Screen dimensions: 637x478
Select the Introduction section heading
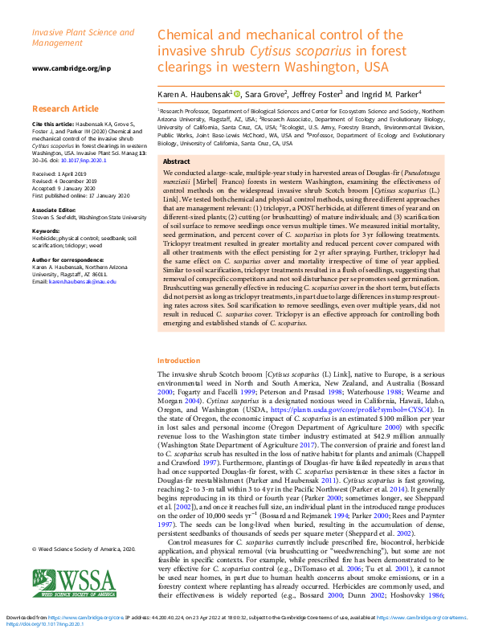point(178,361)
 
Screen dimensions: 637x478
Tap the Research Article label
point(66,108)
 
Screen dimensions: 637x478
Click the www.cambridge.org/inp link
point(71,68)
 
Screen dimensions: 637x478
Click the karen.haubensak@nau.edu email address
point(82,282)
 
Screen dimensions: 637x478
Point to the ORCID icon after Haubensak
point(237,94)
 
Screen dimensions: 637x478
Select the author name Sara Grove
point(264,94)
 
